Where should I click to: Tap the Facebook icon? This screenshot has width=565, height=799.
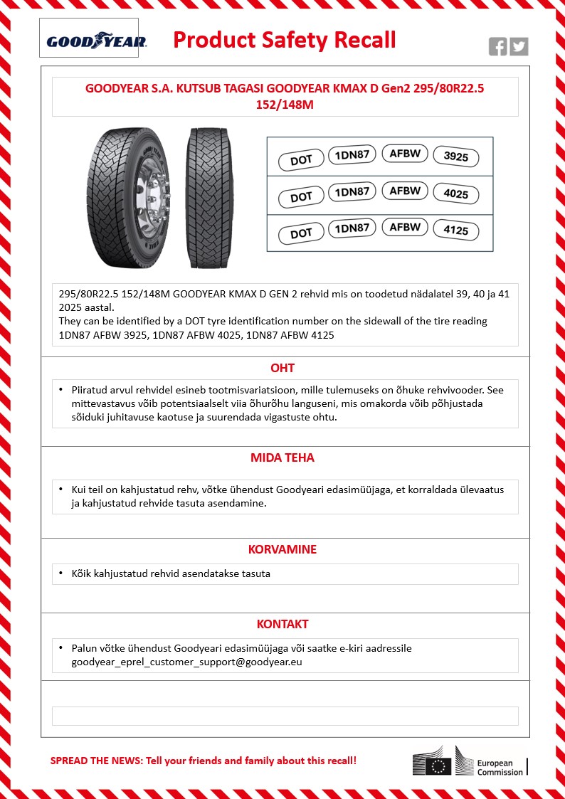(x=498, y=47)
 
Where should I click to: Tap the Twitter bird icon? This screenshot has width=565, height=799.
(x=519, y=47)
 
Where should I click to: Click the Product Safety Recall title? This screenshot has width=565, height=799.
(x=285, y=40)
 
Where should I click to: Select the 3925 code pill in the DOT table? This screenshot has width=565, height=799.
(x=456, y=157)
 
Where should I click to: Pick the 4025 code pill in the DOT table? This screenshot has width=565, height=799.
(x=456, y=194)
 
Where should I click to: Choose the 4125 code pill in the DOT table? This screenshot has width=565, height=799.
(x=456, y=231)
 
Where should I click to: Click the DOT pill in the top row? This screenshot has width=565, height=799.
(x=301, y=160)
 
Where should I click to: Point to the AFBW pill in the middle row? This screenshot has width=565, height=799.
(x=405, y=191)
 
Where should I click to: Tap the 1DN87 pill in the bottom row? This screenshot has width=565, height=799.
(x=352, y=228)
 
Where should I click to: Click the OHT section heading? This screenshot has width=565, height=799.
(x=282, y=368)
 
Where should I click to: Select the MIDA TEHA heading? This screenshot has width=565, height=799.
(x=282, y=457)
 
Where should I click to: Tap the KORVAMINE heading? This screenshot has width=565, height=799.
(x=282, y=549)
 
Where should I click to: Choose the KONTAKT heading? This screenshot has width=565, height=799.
(x=282, y=624)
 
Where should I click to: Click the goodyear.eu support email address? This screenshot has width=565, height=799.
(x=187, y=662)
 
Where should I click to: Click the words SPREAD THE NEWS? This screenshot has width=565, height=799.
(x=95, y=761)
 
